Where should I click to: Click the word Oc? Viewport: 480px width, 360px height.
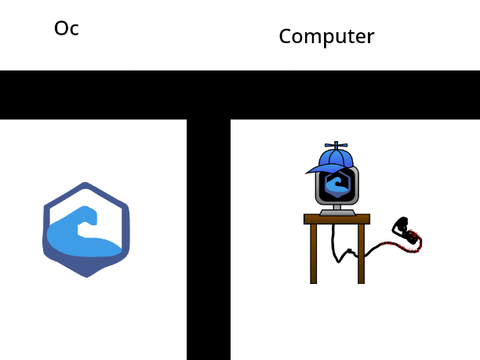pos(67,28)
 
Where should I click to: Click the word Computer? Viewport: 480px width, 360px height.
pos(327,37)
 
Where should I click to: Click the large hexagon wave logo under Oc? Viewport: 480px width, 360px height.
pos(86,230)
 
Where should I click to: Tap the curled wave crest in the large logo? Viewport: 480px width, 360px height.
pos(87,217)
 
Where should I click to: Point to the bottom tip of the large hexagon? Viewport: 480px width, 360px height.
pos(87,277)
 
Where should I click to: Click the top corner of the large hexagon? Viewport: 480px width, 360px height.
pos(85,183)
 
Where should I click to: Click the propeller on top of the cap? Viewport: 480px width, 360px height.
pos(336,145)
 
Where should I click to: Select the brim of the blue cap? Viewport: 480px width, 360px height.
pos(322,169)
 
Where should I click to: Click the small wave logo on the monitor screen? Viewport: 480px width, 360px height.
pos(337,184)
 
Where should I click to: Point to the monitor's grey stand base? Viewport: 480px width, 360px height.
pos(337,213)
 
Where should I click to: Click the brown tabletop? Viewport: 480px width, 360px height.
pos(337,219)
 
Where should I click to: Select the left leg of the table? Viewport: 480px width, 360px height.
pos(313,254)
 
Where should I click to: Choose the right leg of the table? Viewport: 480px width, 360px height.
pos(361,254)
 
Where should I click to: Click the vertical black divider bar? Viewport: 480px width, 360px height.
pos(209,239)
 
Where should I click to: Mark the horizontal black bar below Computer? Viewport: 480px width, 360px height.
pos(240,95)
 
